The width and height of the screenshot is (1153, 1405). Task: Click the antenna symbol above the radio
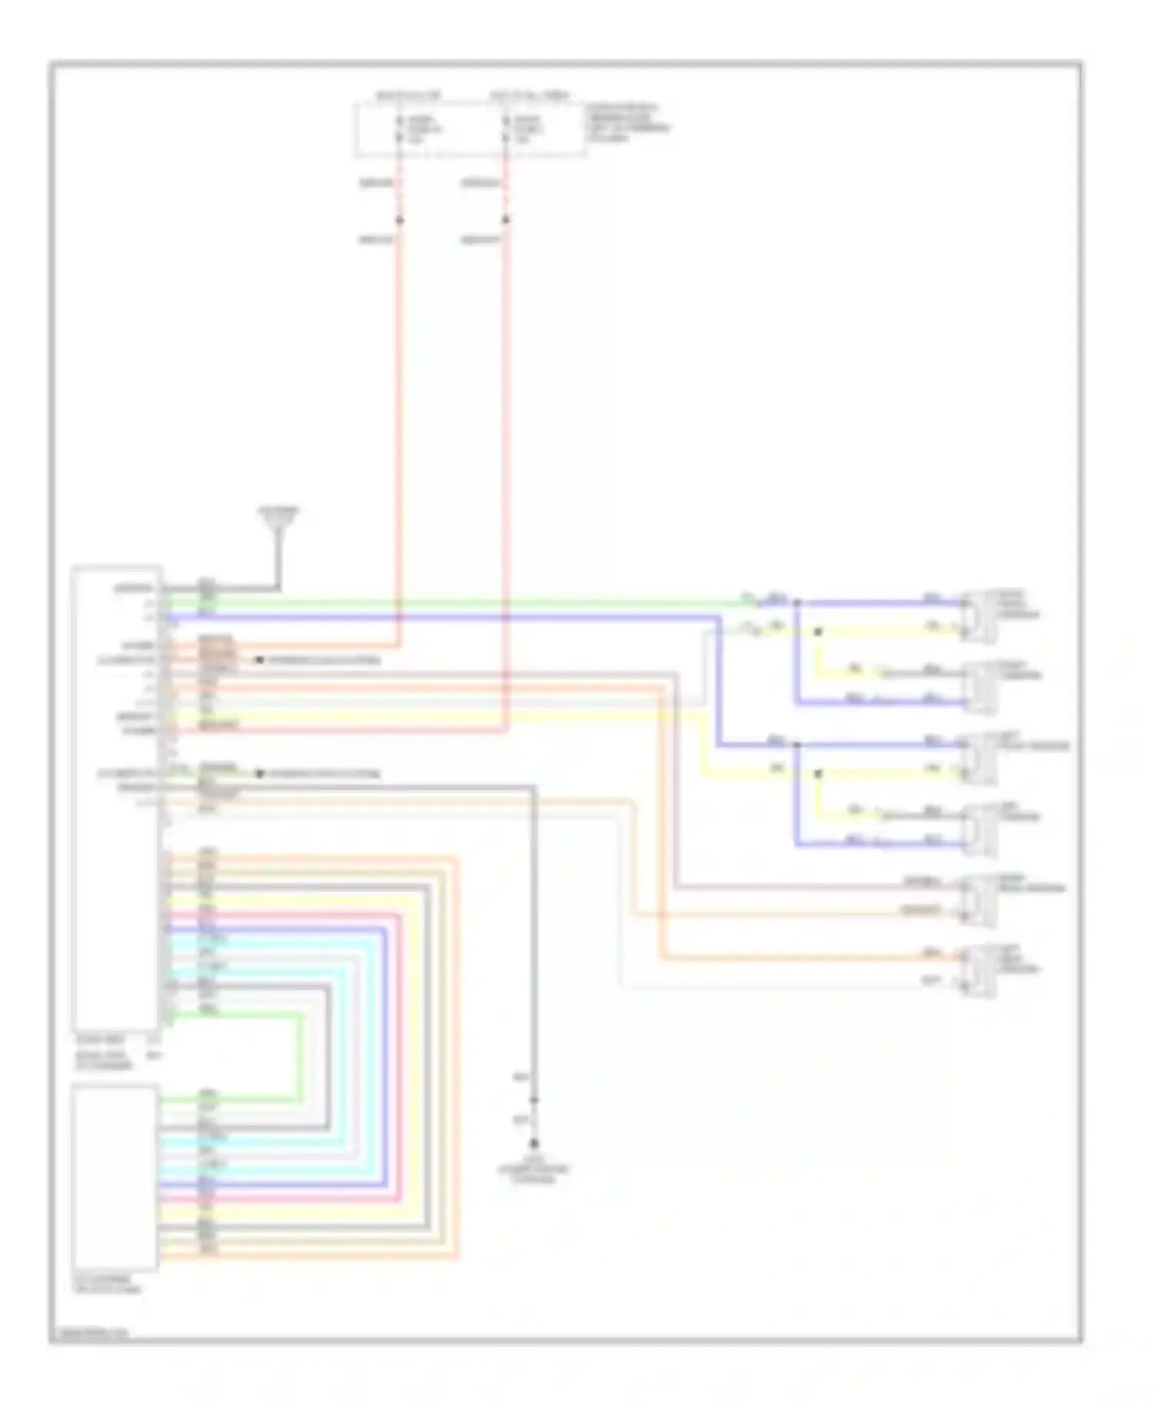click(278, 523)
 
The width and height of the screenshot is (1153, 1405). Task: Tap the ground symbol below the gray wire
click(533, 1145)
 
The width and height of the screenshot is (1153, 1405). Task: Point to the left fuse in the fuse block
click(399, 129)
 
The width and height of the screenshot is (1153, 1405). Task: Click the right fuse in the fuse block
click(506, 129)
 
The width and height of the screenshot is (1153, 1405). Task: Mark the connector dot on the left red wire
click(399, 221)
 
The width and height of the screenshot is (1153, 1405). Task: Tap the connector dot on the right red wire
click(506, 221)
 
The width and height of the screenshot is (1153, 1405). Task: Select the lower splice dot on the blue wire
click(797, 745)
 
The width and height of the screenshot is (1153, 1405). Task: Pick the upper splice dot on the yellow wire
click(818, 632)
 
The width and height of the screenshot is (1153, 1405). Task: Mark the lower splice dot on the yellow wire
click(818, 773)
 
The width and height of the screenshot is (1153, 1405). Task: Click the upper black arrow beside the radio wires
click(260, 660)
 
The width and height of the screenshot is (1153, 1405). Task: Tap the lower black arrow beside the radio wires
click(260, 773)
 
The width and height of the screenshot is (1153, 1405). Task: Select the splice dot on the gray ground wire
click(533, 1101)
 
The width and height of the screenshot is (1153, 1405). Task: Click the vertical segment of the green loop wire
click(299, 1057)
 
